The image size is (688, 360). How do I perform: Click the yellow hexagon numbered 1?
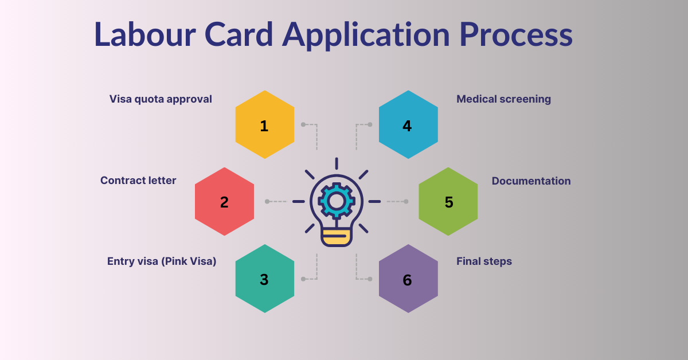tap(264, 124)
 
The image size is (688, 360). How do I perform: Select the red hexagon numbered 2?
tap(224, 201)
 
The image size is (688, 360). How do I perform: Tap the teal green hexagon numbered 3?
tap(264, 279)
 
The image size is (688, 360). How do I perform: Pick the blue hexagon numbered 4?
tap(408, 124)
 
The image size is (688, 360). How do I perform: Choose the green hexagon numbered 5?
tap(448, 201)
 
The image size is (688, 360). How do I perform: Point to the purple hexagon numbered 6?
tap(408, 279)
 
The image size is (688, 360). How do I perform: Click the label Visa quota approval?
tap(161, 99)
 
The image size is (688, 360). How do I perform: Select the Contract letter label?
tap(138, 181)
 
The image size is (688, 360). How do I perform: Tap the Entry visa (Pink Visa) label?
tap(162, 261)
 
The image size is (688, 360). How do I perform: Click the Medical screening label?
tap(503, 99)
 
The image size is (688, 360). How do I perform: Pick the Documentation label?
tap(531, 181)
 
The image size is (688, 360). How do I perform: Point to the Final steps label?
tap(484, 261)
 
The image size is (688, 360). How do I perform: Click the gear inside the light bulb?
tap(336, 201)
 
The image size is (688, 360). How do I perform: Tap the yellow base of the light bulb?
tap(336, 236)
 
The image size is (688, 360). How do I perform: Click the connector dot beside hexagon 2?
tap(267, 201)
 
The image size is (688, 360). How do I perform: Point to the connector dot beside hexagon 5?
tap(406, 201)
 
